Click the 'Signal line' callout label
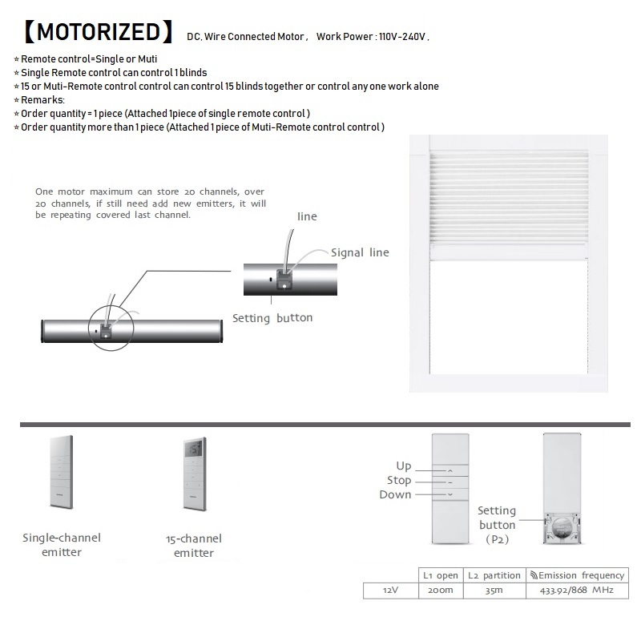360,252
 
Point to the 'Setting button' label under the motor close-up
272,318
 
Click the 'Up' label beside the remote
403,466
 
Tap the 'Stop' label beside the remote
398,481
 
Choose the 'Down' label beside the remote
395,494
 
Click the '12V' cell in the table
390,591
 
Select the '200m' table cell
440,591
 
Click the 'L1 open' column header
440,575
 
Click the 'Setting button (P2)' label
497,525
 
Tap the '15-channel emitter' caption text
193,546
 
